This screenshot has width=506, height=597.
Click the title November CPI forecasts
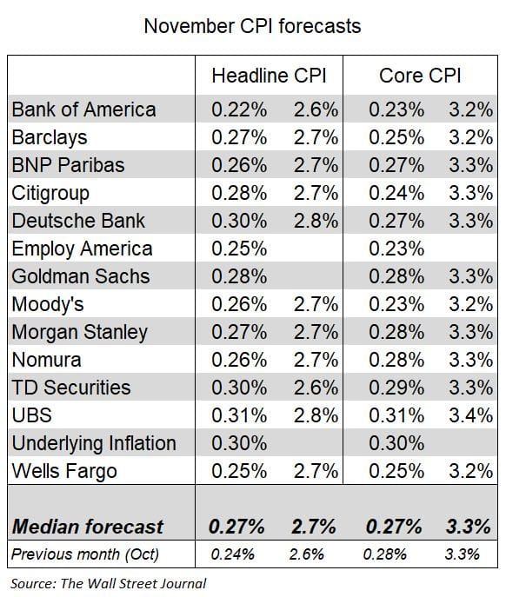point(252,26)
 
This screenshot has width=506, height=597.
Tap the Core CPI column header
point(419,76)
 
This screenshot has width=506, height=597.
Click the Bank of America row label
point(83,109)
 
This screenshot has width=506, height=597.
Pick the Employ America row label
point(82,249)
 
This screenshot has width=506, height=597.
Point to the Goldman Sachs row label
point(80,276)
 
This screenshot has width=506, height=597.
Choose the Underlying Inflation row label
point(93,443)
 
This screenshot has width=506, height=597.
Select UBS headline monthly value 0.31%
point(237,415)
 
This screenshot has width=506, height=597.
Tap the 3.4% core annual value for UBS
point(470,415)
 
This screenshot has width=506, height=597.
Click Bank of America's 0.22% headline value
point(237,109)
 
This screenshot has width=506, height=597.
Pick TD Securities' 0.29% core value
point(395,388)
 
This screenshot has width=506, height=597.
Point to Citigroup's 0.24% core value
point(395,193)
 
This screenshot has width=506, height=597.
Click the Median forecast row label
point(87,526)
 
